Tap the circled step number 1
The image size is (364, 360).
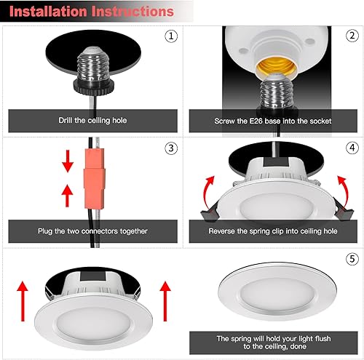(x=171, y=35)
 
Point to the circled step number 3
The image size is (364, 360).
(x=171, y=148)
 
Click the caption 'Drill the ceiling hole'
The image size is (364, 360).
(x=92, y=121)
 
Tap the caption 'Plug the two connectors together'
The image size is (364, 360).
(x=92, y=231)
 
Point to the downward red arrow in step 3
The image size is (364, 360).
(x=67, y=162)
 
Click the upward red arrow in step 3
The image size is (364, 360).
(x=67, y=194)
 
